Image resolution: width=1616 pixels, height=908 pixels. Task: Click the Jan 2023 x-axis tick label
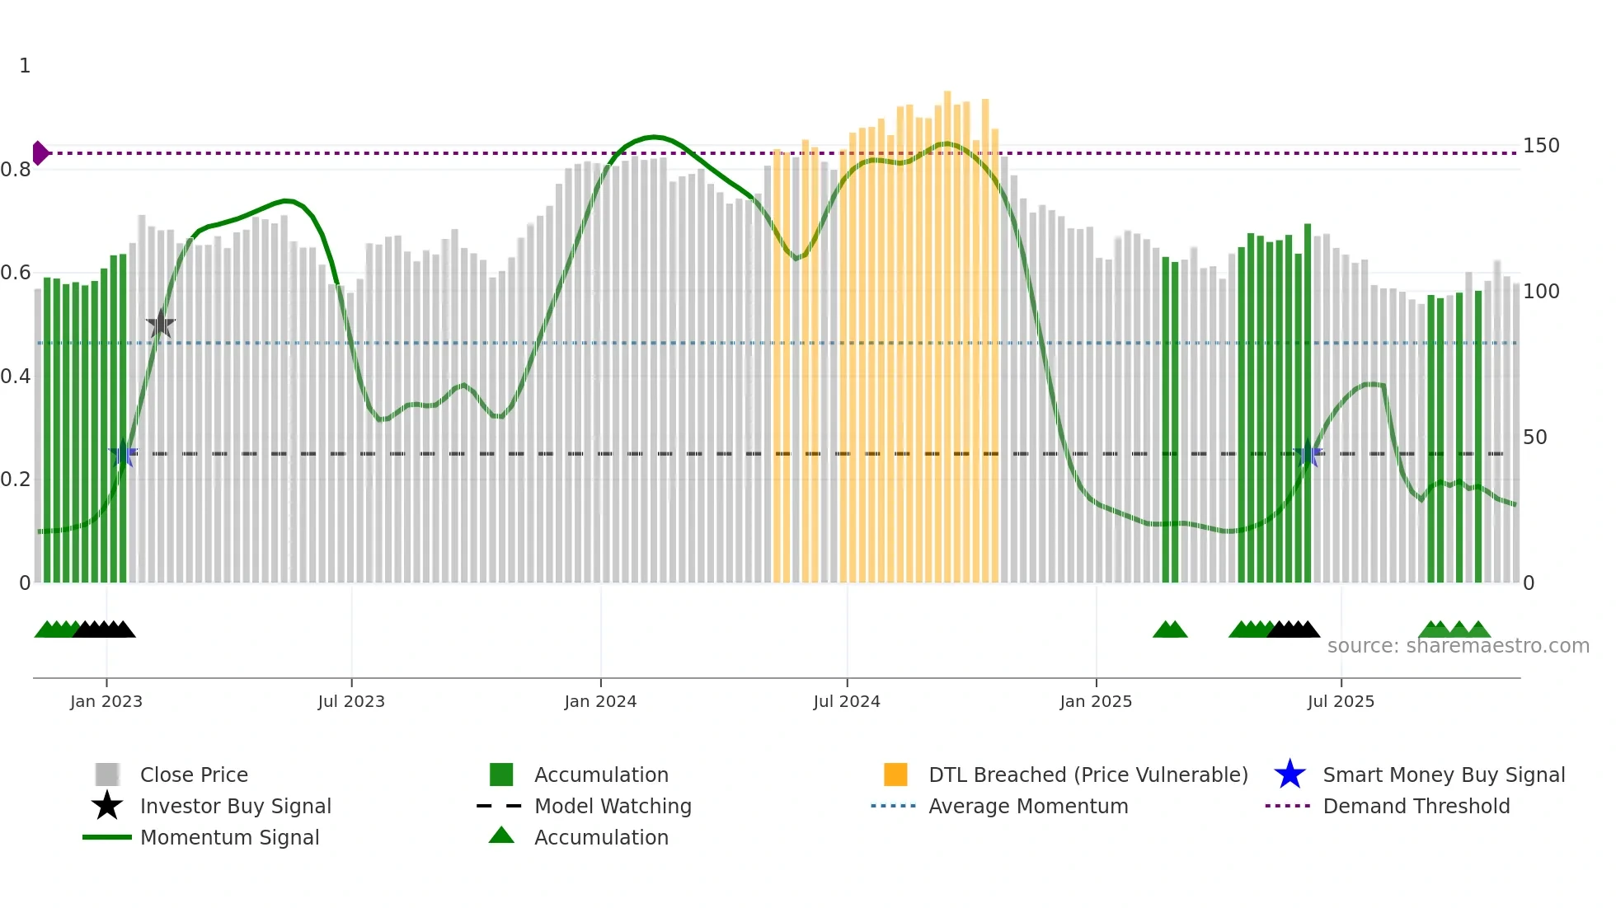tap(106, 701)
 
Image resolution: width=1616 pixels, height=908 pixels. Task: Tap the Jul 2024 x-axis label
tap(847, 701)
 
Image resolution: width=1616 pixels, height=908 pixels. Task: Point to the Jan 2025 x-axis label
tap(1096, 701)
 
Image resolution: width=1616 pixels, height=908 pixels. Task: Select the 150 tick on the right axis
tap(1541, 146)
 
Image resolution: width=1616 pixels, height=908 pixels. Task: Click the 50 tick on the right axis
tap(1535, 438)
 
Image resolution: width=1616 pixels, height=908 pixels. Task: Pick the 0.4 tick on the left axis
tap(16, 377)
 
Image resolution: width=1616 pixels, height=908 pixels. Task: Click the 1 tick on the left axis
tap(25, 66)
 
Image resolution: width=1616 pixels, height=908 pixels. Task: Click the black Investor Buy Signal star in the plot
tap(161, 325)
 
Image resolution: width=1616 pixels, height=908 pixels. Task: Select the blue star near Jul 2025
tap(1308, 453)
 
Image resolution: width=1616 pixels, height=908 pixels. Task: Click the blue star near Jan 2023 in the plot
tap(123, 453)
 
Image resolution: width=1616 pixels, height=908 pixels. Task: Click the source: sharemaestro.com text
tap(1458, 646)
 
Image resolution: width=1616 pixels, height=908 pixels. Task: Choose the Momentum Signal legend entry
tap(229, 838)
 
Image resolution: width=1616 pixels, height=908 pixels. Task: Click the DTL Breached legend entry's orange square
tap(895, 775)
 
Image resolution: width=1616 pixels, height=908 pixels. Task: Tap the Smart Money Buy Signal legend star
tap(1290, 775)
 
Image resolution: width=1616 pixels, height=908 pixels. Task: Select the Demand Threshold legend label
tap(1416, 807)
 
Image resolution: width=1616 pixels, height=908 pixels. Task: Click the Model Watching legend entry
tap(612, 807)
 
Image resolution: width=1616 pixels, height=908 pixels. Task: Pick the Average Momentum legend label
tap(1028, 807)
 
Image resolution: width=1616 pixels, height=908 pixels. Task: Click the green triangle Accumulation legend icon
tap(501, 836)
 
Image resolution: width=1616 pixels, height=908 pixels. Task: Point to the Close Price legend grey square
tap(107, 775)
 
